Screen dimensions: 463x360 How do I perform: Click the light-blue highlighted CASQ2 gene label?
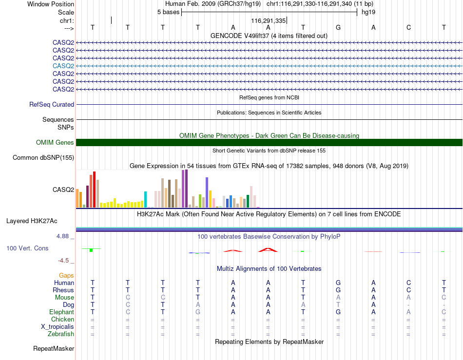click(63, 66)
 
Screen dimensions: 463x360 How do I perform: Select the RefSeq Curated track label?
click(52, 104)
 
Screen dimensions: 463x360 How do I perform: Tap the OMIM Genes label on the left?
click(55, 143)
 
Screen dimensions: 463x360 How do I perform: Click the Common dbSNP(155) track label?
click(43, 157)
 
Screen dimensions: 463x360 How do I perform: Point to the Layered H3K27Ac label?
click(32, 221)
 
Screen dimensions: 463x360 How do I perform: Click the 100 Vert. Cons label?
click(27, 248)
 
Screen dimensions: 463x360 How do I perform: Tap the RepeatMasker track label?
click(54, 348)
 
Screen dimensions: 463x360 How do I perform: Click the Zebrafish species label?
click(61, 334)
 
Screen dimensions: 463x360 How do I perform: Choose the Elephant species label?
click(62, 312)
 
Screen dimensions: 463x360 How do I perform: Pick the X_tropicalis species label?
click(58, 327)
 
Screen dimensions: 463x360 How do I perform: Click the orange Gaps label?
click(66, 275)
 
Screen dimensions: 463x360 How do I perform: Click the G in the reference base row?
click(338, 27)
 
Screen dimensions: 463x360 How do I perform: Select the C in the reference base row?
click(409, 27)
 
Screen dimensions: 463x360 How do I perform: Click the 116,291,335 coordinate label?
click(269, 20)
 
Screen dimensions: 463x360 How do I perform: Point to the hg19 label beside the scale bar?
click(368, 12)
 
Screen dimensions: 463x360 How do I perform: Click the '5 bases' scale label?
click(168, 12)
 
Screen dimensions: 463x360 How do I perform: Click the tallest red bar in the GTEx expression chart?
click(94, 189)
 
